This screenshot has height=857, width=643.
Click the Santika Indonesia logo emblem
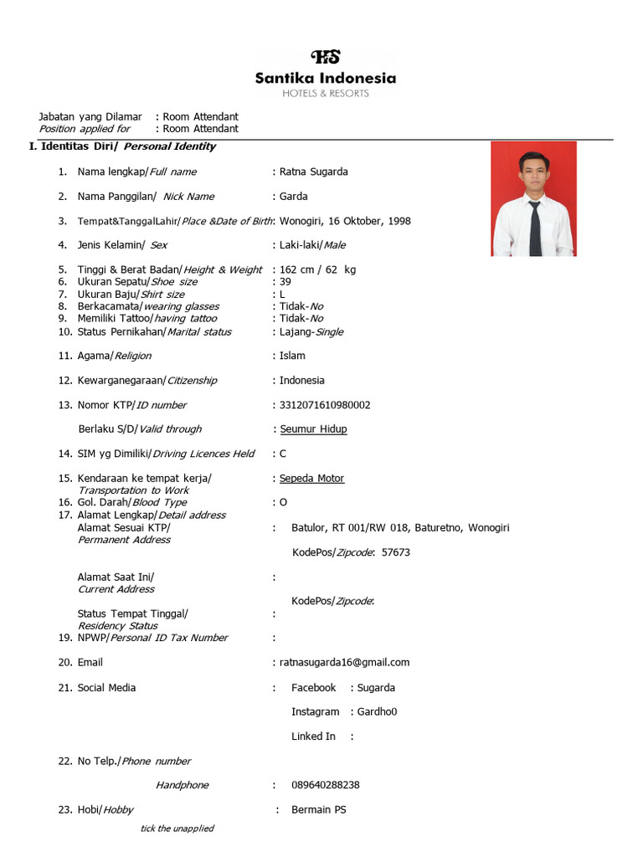[326, 58]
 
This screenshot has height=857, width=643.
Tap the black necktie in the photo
[535, 227]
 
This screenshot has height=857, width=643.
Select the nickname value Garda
[293, 197]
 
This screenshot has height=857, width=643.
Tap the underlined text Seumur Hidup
[313, 429]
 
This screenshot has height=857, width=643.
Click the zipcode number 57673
[395, 552]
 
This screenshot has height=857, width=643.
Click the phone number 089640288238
[326, 785]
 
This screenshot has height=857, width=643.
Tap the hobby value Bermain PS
[318, 810]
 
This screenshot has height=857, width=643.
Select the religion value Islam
[292, 356]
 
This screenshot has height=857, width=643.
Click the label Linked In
[313, 736]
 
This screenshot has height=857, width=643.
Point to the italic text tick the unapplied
[177, 829]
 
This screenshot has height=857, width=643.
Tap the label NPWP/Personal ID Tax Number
[152, 638]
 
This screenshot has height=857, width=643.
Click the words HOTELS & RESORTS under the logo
[326, 94]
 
